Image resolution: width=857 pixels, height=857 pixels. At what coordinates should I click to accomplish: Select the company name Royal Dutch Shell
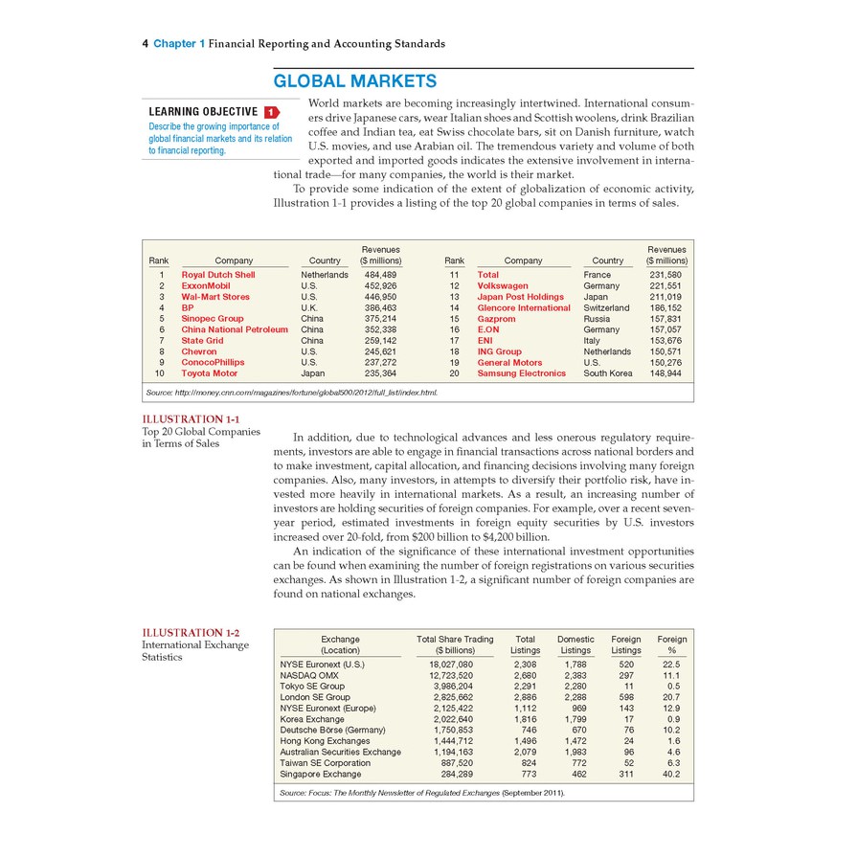pos(218,275)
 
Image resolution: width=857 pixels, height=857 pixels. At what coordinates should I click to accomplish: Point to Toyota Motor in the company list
pos(210,373)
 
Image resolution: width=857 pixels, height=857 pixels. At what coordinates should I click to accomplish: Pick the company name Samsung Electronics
pos(522,373)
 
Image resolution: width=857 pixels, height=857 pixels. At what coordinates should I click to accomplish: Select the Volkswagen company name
pos(503,285)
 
